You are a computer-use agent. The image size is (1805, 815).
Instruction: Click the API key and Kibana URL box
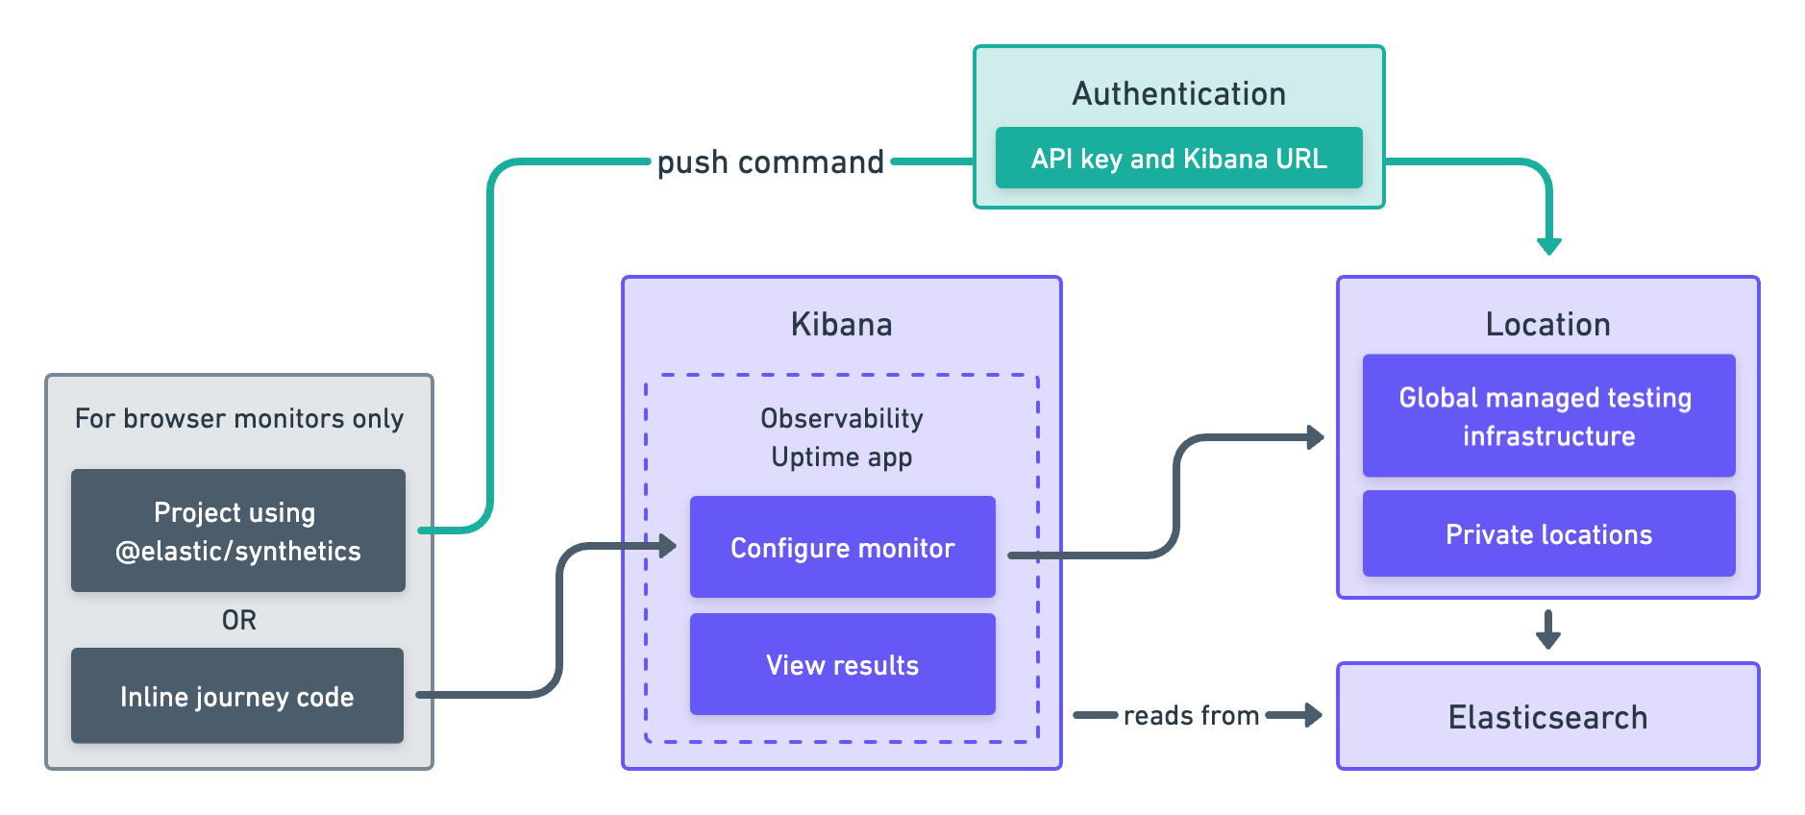1178,158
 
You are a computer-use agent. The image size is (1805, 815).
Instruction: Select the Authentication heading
1178,94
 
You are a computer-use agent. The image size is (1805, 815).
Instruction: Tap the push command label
770,162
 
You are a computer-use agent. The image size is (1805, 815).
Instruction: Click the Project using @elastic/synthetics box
237,531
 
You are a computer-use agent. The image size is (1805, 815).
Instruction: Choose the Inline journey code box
237,696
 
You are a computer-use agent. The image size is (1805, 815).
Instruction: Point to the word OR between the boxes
239,620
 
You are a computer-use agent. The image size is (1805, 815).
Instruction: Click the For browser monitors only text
239,419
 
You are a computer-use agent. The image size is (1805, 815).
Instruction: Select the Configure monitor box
842,548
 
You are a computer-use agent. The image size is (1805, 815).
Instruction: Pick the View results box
842,664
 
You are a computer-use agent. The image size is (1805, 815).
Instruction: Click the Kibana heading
841,325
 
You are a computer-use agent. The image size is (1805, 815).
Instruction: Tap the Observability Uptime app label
841,437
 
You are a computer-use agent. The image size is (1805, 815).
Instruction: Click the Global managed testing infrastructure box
1548,416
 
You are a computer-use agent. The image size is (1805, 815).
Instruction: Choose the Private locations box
1548,534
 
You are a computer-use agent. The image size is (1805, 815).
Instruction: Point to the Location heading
1547,325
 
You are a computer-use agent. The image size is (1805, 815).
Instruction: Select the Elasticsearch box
1547,716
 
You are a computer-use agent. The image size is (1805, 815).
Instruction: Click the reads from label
1191,716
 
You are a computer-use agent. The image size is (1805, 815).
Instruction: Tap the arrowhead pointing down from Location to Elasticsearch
1547,638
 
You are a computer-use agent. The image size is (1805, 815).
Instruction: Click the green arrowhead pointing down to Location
1548,245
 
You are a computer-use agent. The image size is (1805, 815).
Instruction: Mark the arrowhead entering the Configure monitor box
667,547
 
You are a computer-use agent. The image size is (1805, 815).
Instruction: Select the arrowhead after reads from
1312,715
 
